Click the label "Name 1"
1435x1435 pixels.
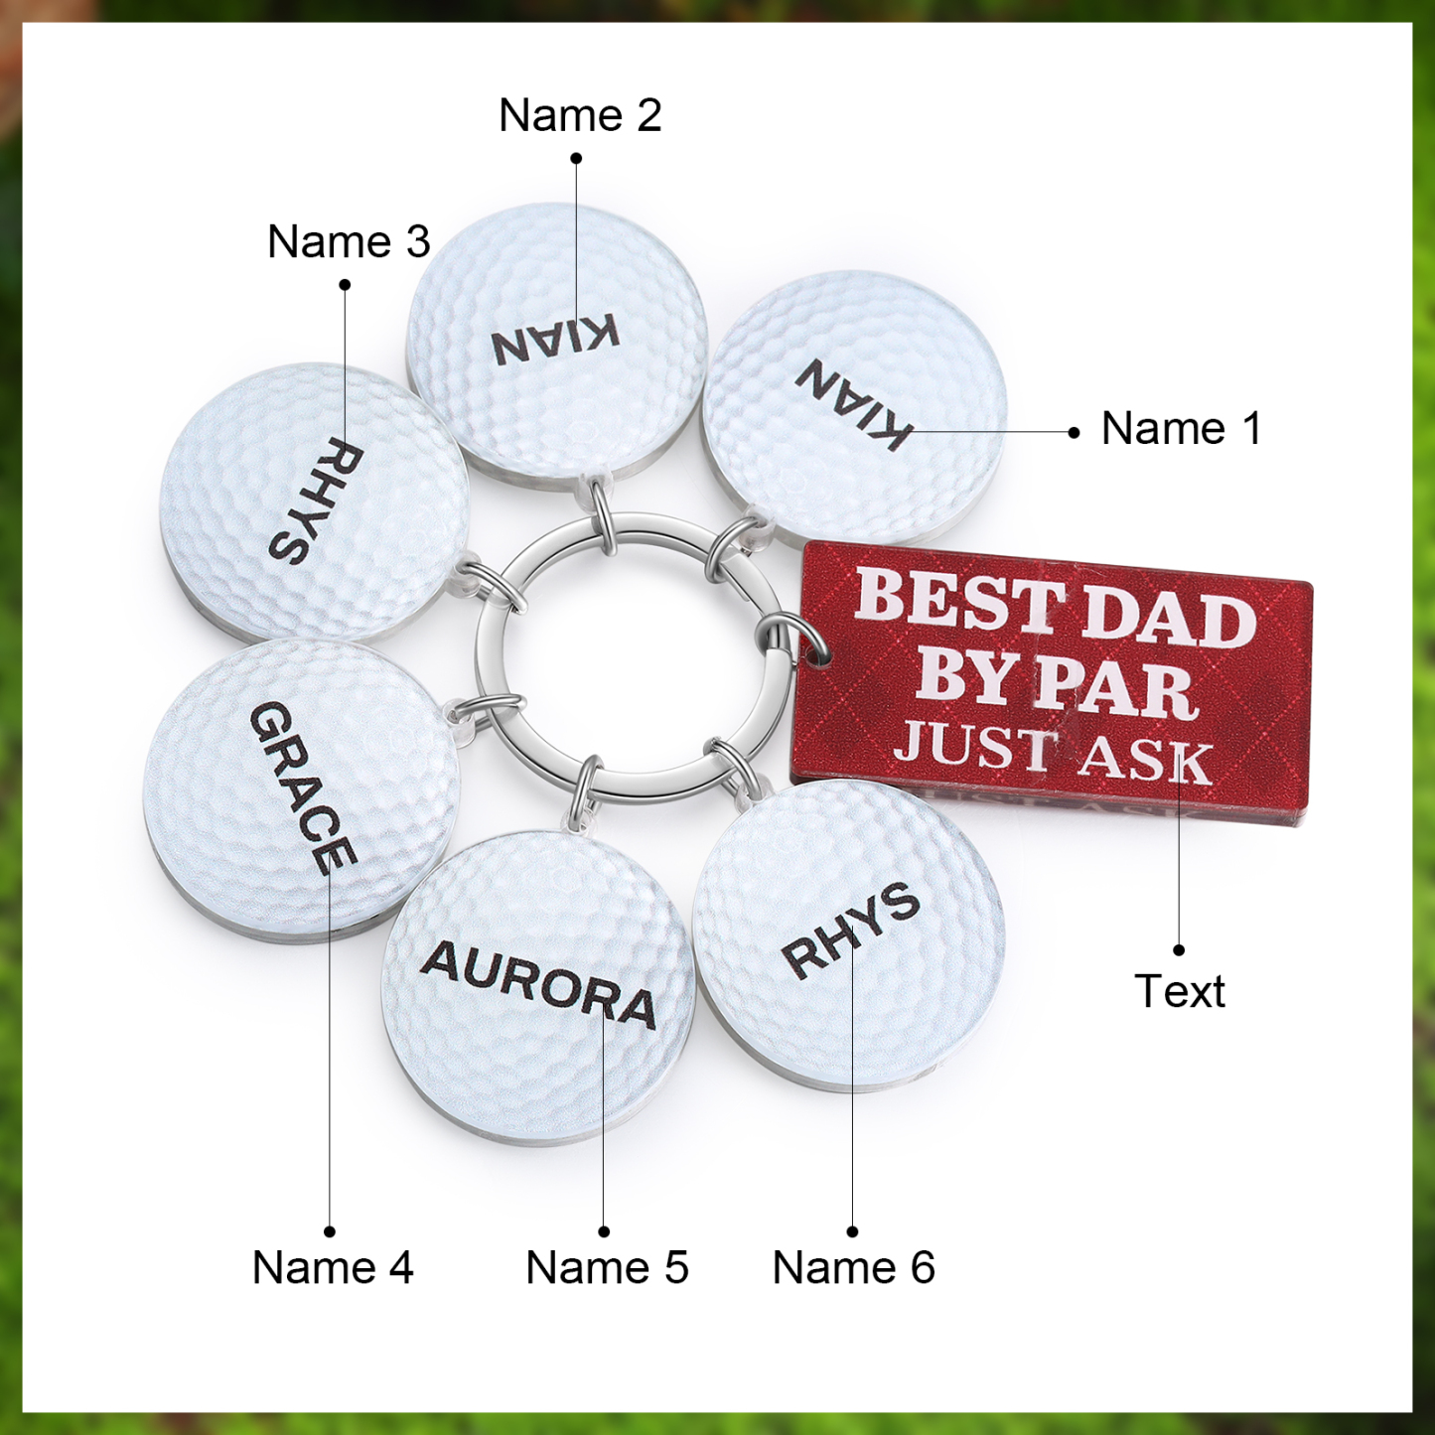(x=1181, y=429)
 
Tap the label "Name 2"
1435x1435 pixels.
(x=580, y=115)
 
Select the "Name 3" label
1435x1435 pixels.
(x=349, y=242)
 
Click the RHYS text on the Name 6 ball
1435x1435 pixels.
(x=850, y=931)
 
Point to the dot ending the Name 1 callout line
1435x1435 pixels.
(x=1074, y=432)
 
